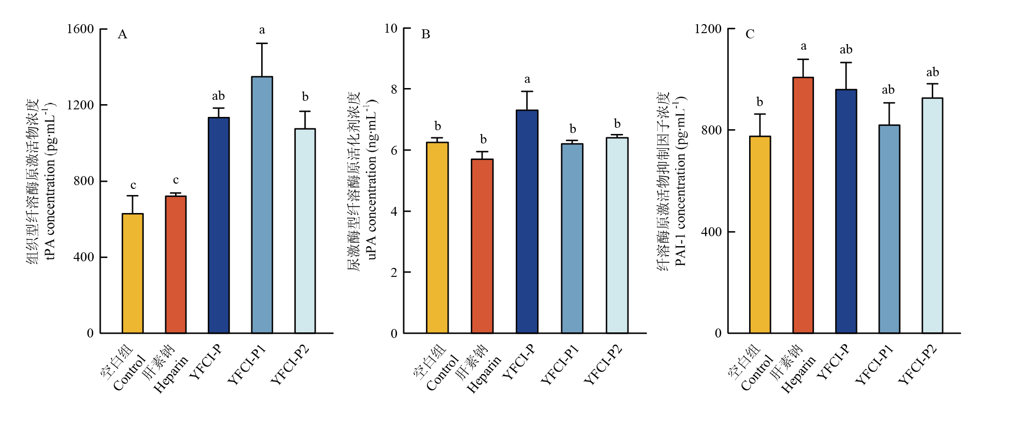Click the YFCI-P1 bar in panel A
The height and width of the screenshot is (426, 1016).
coord(262,204)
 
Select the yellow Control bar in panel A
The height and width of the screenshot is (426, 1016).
coord(133,273)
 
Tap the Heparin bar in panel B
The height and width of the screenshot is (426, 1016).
coord(482,246)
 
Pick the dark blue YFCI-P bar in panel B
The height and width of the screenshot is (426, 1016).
coord(527,222)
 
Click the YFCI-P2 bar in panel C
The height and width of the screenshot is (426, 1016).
coord(932,215)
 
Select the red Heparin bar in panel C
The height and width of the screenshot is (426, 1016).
coord(803,205)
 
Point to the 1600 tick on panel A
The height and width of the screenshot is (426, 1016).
coord(80,29)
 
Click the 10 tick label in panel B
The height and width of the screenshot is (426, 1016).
coord(391,28)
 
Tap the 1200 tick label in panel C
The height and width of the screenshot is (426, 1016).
coord(708,29)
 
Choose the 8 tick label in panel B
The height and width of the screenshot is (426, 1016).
coord(394,89)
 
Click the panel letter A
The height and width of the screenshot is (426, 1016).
coord(122,35)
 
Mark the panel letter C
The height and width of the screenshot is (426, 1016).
coord(750,34)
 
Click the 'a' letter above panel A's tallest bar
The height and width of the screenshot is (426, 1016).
coord(262,30)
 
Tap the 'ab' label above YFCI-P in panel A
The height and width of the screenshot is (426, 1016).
coord(218,96)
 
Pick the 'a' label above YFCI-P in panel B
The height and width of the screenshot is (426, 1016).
coord(527,80)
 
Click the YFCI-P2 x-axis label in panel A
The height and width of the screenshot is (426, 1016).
coord(290,365)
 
